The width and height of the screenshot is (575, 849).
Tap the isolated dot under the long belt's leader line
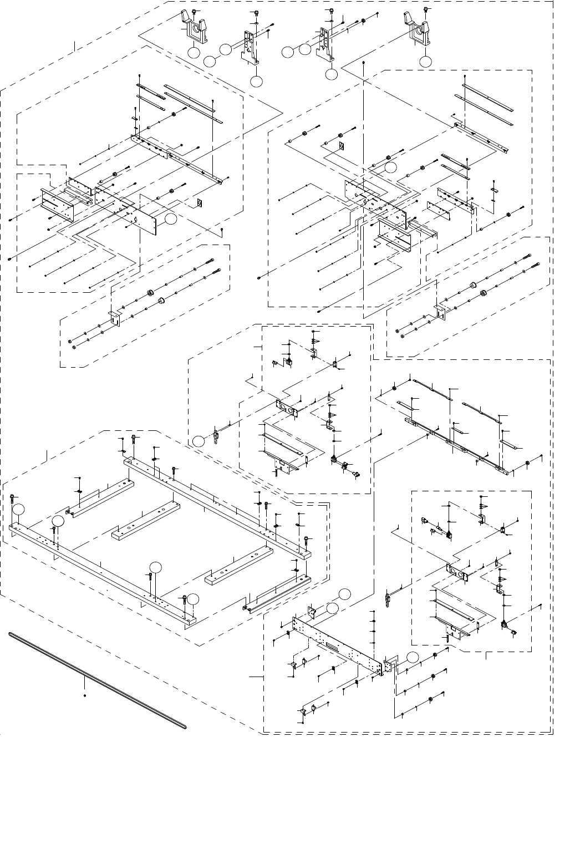[84, 695]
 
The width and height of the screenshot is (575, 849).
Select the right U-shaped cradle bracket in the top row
[420, 31]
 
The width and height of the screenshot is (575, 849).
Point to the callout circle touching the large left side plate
[170, 220]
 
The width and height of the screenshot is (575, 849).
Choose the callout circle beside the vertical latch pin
[199, 441]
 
